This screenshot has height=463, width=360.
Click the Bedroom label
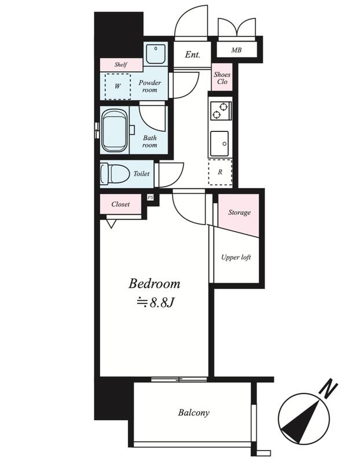tap(154, 284)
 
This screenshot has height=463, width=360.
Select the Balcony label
tap(193, 413)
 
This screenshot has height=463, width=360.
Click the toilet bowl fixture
tap(115, 174)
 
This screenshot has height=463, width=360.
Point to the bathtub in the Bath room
tap(115, 130)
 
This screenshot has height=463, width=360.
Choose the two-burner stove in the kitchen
tap(221, 110)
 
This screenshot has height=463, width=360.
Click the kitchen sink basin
tap(219, 144)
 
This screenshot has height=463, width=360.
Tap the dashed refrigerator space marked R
tap(220, 172)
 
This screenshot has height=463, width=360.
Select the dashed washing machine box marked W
tap(117, 86)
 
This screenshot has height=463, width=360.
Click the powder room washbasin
tap(156, 54)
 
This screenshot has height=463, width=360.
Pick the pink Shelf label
tap(121, 65)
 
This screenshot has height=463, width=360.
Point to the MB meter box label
tap(236, 50)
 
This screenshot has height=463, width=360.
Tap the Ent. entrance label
tap(193, 54)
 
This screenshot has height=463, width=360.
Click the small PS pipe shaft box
tap(150, 197)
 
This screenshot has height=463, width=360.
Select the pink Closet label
tap(120, 204)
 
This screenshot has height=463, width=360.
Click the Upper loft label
tap(236, 257)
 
